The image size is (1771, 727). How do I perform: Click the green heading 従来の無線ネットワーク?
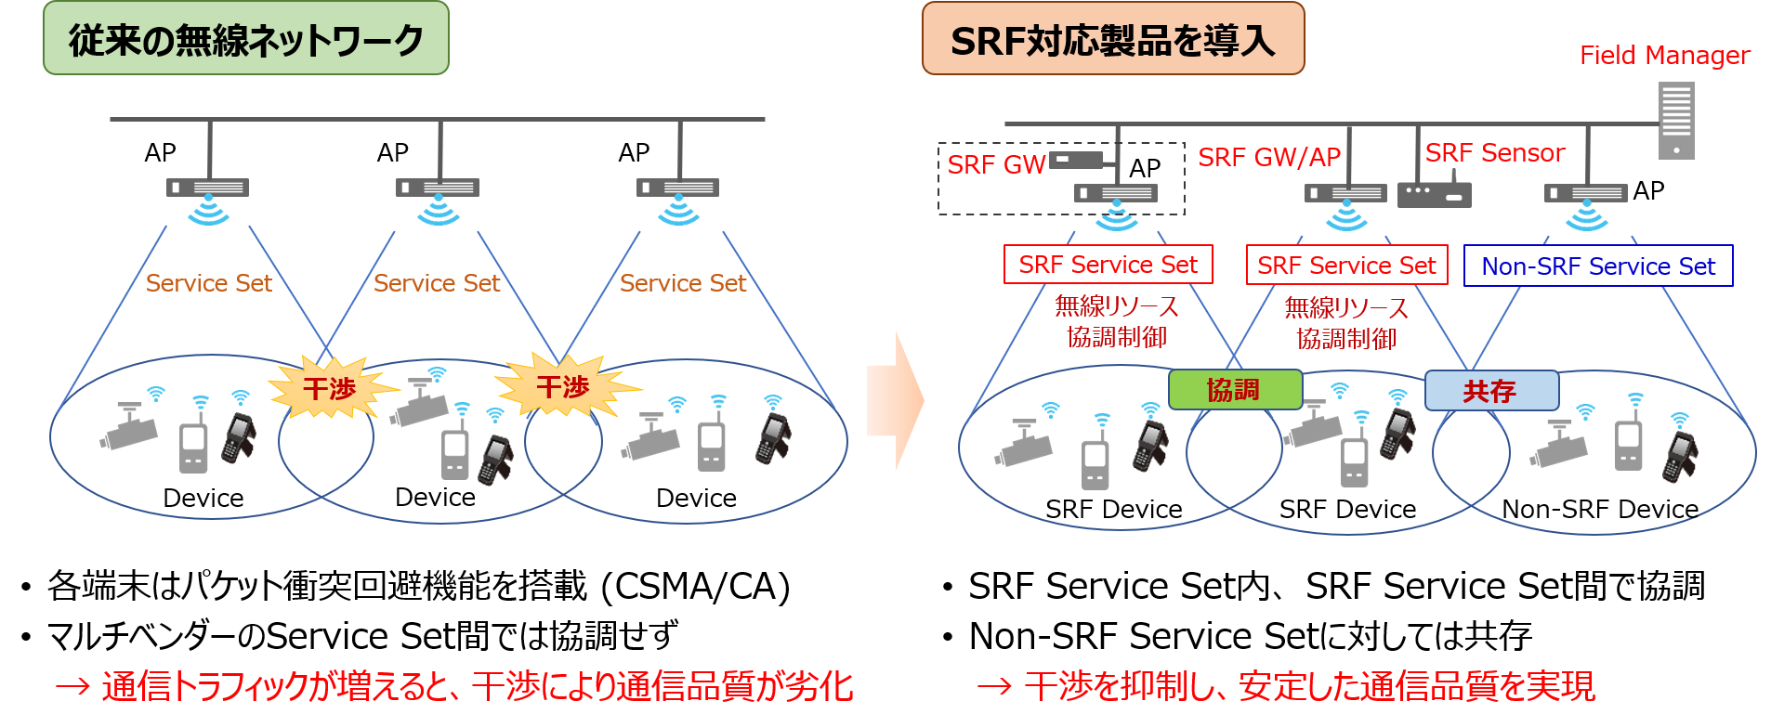pyautogui.click(x=245, y=39)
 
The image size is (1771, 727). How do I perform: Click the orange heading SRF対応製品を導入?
pyautogui.click(x=1112, y=39)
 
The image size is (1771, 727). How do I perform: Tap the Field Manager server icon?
pyautogui.click(x=1676, y=120)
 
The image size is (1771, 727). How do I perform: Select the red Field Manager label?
pyautogui.click(x=1664, y=56)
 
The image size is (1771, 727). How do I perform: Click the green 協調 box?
pyautogui.click(x=1234, y=390)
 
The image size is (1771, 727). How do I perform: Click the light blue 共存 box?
pyautogui.click(x=1490, y=391)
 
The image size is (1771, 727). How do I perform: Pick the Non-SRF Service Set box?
pyautogui.click(x=1597, y=266)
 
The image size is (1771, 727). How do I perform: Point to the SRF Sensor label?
pyautogui.click(x=1495, y=153)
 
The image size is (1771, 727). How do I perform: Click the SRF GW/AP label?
pyautogui.click(x=1268, y=158)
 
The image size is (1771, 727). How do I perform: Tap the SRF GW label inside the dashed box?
pyautogui.click(x=996, y=165)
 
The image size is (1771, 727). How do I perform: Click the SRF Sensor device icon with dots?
pyautogui.click(x=1434, y=195)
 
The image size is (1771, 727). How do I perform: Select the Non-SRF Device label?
pyautogui.click(x=1599, y=509)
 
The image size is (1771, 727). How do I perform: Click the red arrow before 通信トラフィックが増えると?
pyautogui.click(x=72, y=687)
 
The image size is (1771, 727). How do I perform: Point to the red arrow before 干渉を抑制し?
pyautogui.click(x=994, y=687)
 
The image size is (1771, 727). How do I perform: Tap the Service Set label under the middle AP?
pyautogui.click(x=436, y=283)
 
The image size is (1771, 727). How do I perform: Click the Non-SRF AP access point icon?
pyautogui.click(x=1585, y=193)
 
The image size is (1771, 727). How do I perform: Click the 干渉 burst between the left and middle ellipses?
pyautogui.click(x=330, y=388)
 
